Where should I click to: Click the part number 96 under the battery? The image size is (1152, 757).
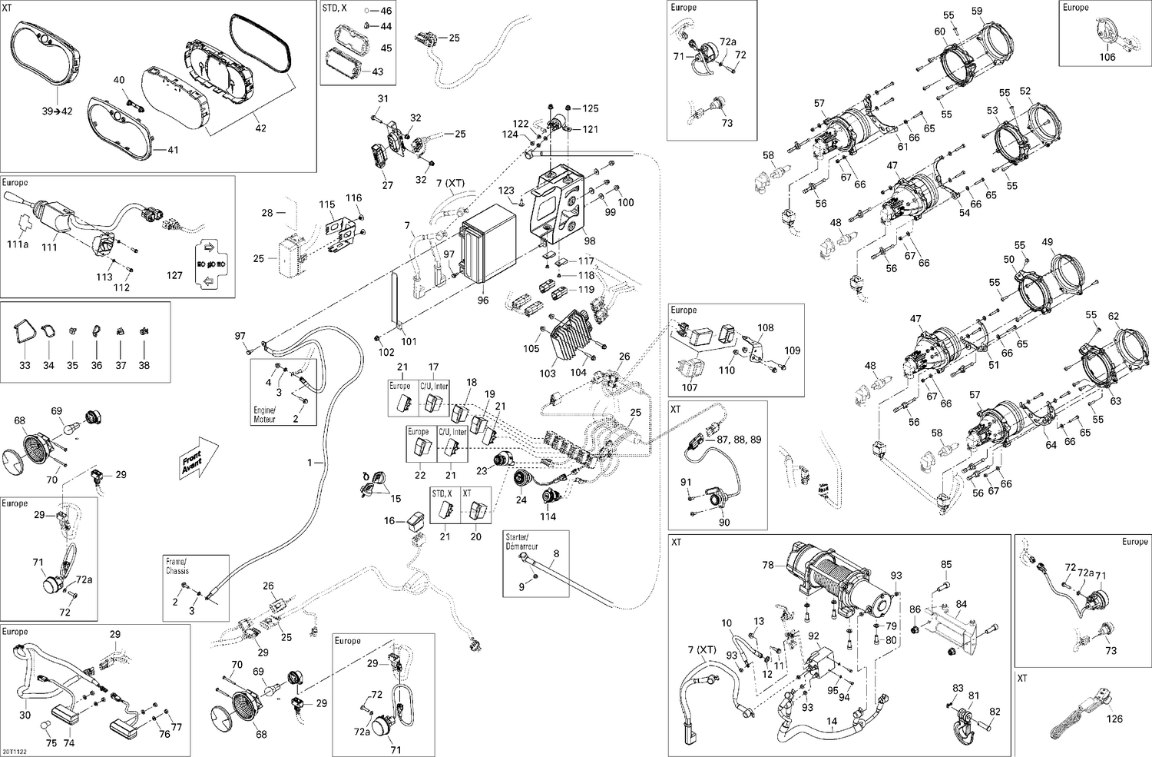(483, 300)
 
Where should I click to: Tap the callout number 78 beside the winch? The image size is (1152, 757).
(767, 565)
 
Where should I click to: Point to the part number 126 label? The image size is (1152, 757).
(1114, 719)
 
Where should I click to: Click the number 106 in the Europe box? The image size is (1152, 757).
(1107, 57)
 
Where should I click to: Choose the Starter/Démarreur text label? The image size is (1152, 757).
(522, 542)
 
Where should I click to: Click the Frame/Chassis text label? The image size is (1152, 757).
(177, 566)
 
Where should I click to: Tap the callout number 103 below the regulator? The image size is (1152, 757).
(547, 374)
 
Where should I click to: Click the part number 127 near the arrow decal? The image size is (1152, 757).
(174, 275)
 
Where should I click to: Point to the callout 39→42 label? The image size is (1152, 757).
(57, 111)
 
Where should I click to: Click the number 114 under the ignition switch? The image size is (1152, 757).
(548, 516)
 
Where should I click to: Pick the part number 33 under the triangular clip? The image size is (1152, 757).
(25, 365)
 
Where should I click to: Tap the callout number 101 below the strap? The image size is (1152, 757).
(409, 342)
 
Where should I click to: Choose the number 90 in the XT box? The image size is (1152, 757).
(723, 522)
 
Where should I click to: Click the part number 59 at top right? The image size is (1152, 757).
(977, 11)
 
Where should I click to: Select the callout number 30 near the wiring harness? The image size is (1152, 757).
(25, 715)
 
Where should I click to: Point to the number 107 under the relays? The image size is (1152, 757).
(690, 387)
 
